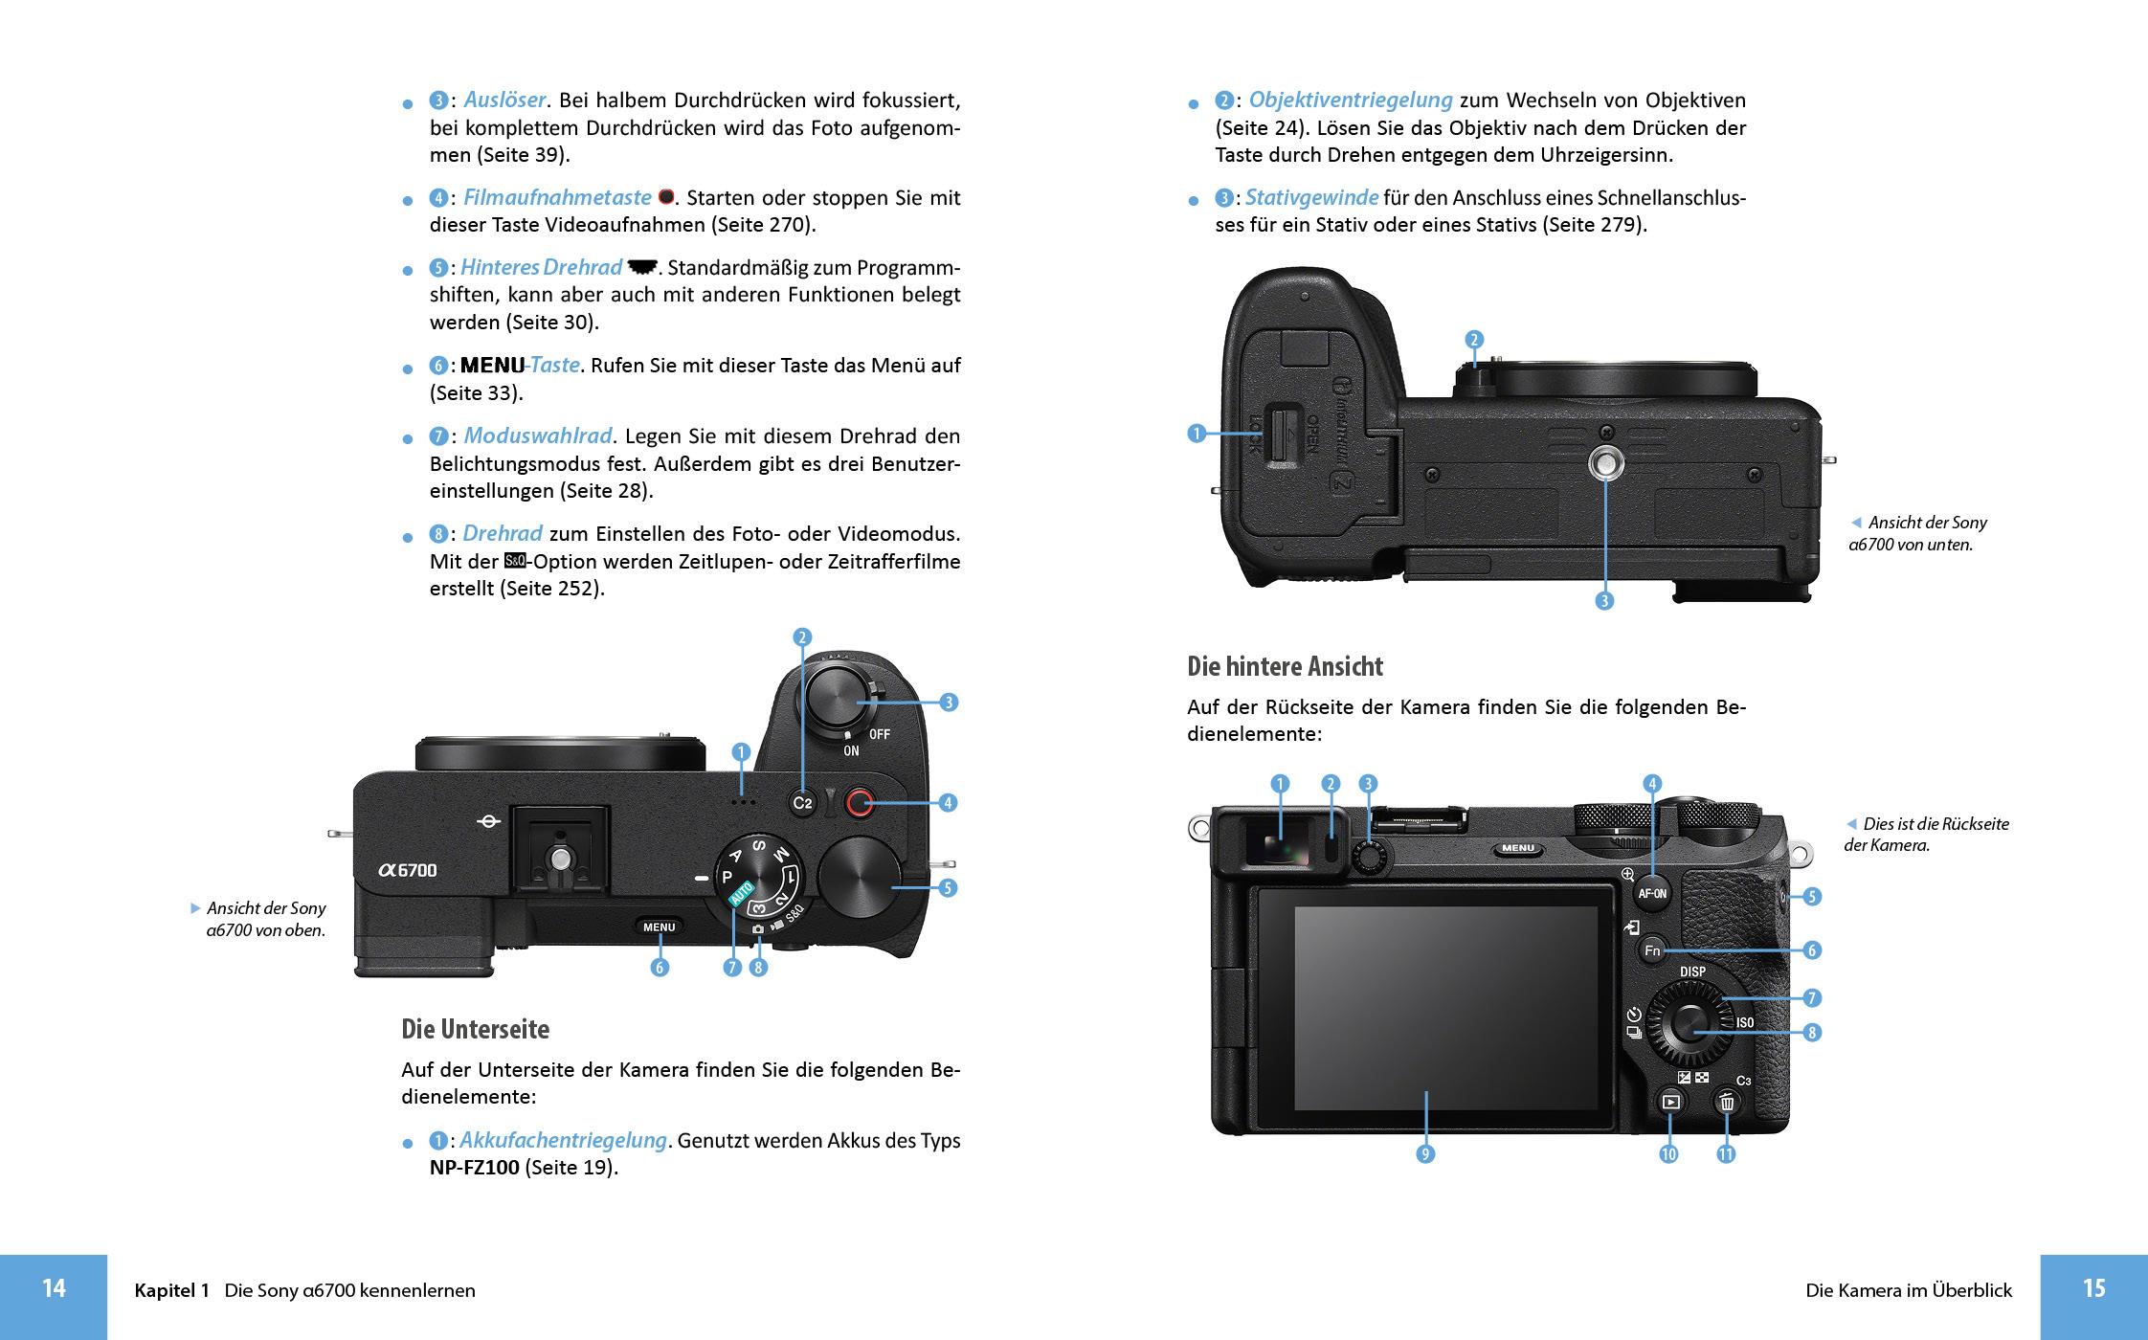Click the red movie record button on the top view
tap(859, 803)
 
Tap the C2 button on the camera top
tap(802, 803)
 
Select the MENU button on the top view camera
tap(659, 927)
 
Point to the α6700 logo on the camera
tap(408, 870)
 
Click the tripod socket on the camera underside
tap(1605, 464)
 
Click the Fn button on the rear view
tap(1652, 950)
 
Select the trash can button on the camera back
tap(1727, 1102)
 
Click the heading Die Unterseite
tap(475, 1029)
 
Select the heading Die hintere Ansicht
tap(1285, 666)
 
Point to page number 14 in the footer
tap(54, 1288)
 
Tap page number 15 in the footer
tap(2093, 1288)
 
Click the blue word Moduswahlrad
tap(537, 435)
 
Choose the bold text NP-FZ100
tap(474, 1168)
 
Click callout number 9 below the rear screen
tap(1425, 1154)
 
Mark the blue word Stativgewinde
tap(1311, 197)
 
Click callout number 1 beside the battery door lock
tap(1196, 434)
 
